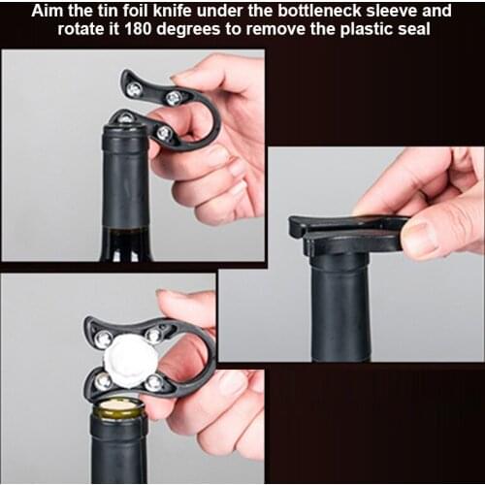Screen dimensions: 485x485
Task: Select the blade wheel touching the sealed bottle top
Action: pyautogui.click(x=126, y=118)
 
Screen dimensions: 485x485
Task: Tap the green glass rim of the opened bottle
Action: pyautogui.click(x=118, y=414)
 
